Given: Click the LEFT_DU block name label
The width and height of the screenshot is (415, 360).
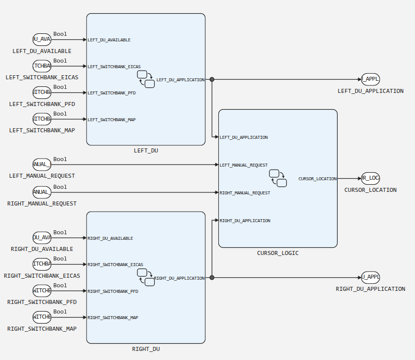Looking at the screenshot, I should pos(146,150).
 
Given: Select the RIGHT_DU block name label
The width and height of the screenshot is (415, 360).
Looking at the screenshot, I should pos(146,349).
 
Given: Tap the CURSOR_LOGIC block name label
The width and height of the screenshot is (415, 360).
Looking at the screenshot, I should pos(278,253).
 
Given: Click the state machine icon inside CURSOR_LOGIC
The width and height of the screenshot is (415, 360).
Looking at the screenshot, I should pos(278,178).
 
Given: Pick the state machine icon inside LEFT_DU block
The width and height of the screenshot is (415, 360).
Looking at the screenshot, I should pos(146,79).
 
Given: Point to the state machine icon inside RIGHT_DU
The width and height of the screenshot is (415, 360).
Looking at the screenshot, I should pos(146,277).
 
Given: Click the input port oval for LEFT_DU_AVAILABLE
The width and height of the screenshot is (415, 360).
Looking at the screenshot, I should pos(42,39).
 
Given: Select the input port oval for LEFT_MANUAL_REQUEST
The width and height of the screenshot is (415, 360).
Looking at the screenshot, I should pos(42,165).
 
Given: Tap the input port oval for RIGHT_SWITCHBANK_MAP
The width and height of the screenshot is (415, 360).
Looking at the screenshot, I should pos(42,317).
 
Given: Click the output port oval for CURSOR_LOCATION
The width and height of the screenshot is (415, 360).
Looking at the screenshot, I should pos(371,178).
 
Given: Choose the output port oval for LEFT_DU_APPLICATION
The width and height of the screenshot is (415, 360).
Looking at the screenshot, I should pos(371,79).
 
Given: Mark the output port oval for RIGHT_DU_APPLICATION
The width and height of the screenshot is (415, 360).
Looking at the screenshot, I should pos(371,277).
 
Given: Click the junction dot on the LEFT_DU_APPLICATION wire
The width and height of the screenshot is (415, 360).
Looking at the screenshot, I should pos(212,79).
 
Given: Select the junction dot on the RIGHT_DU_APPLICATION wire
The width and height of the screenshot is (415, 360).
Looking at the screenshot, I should pos(212,277).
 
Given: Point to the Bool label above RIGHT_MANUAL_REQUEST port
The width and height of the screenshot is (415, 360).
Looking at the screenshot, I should pos(60,187).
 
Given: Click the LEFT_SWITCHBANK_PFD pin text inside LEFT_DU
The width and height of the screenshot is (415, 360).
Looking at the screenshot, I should pos(112,93).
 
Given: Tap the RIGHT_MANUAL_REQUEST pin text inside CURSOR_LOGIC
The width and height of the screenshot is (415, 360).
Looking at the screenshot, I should pos(245,193).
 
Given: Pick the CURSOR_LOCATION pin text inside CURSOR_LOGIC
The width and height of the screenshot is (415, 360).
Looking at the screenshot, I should pos(317,179).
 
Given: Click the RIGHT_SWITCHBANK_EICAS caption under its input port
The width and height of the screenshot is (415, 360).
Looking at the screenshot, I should pos(42,276).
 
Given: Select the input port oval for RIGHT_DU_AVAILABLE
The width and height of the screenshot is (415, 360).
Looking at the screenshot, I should pos(42,238).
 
